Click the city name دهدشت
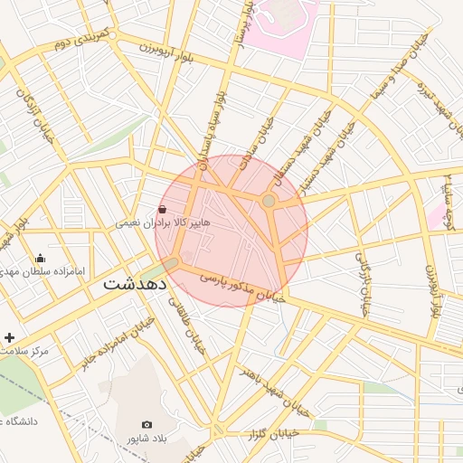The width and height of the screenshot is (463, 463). coord(136,283)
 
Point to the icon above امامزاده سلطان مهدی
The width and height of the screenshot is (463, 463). coord(40,258)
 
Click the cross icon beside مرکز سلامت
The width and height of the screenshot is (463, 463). coord(10,336)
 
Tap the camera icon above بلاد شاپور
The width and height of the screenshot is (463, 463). coord(147,424)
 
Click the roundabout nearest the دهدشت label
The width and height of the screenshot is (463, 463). coord(173,262)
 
